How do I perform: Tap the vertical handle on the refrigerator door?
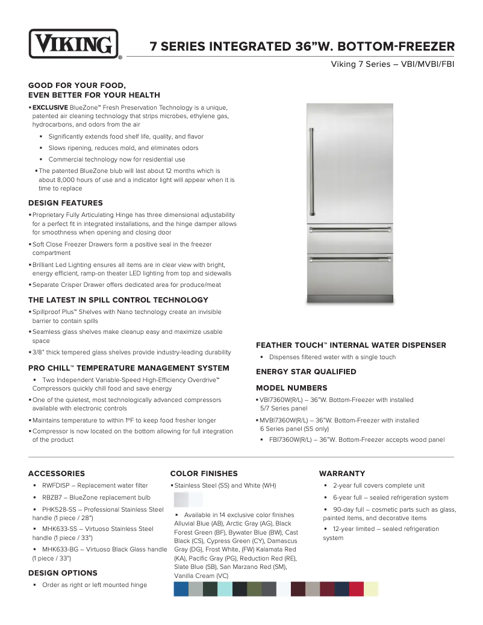click(312, 171)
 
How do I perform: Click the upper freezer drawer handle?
click(350, 230)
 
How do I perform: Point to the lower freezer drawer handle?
click(350, 260)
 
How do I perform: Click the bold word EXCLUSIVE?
click(50, 107)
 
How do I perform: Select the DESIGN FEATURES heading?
click(66, 203)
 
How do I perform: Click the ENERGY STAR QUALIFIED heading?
click(306, 372)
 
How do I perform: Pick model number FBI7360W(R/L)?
click(293, 440)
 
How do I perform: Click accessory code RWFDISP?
click(57, 486)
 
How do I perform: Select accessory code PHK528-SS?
click(60, 510)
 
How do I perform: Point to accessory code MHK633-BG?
click(61, 550)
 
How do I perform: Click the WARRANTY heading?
click(342, 474)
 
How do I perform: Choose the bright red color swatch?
click(357, 589)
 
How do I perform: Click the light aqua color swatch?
click(225, 589)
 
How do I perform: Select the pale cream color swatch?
click(372, 589)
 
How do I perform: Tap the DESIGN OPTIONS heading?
click(63, 573)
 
